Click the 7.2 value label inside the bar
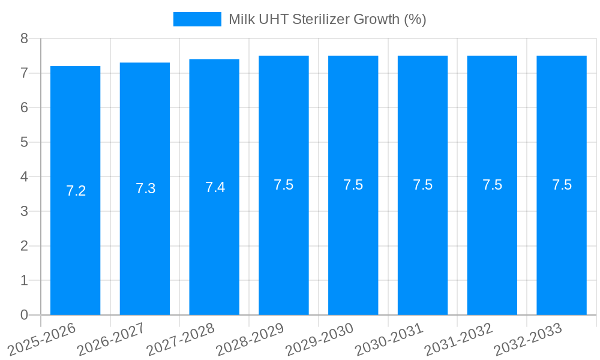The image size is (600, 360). tap(76, 191)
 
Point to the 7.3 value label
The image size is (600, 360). tap(146, 188)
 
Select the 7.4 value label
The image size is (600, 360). tap(215, 187)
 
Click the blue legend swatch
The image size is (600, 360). tap(197, 19)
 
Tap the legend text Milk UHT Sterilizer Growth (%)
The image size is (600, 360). tap(327, 19)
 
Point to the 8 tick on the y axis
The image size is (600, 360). tap(24, 38)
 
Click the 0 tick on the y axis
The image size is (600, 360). tap(24, 315)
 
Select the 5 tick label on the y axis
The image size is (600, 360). tap(24, 142)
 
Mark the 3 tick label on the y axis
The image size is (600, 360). tap(24, 211)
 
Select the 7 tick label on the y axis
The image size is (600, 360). tap(24, 73)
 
